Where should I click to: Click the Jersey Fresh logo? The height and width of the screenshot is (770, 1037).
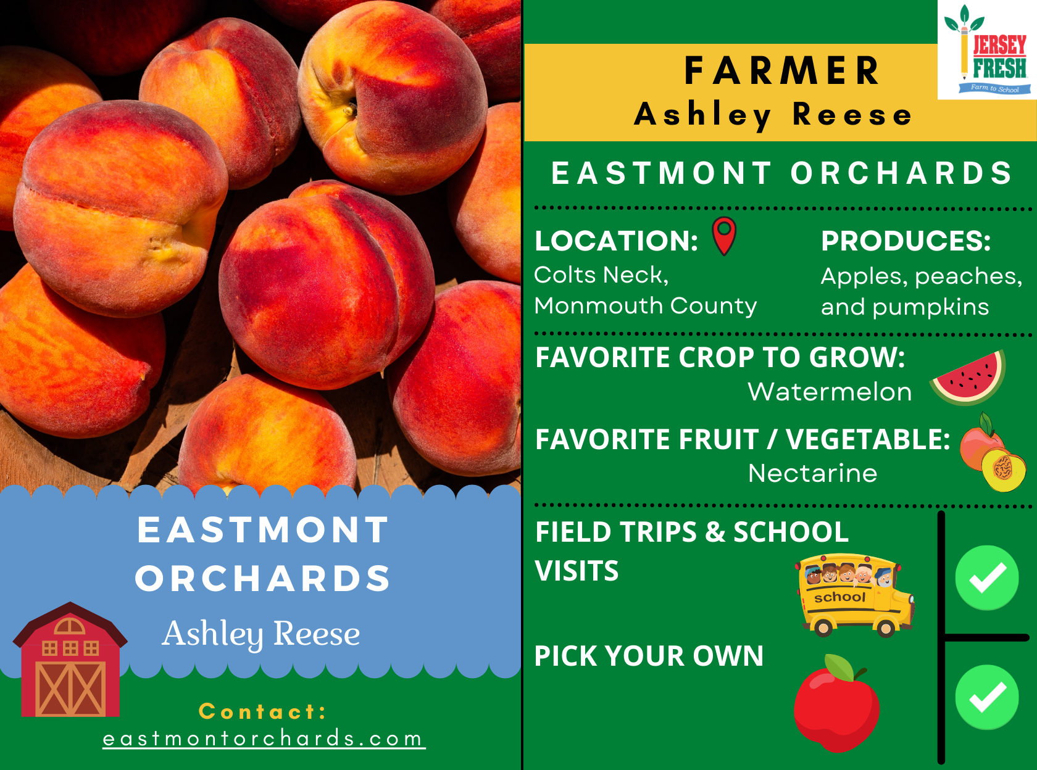tap(987, 49)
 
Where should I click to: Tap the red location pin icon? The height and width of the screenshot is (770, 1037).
tap(724, 236)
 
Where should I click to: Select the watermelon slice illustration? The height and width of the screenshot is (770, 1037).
tap(967, 378)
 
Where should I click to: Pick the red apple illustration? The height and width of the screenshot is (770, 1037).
tap(836, 704)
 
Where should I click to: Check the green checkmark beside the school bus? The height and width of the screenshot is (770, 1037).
tap(987, 577)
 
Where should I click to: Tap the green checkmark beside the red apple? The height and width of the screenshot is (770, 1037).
tap(987, 697)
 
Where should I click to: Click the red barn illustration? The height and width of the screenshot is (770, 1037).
tap(70, 659)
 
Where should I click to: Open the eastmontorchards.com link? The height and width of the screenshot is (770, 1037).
tap(263, 739)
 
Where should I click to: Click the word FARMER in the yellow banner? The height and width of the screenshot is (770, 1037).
tap(782, 71)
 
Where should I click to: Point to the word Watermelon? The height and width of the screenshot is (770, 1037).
tap(830, 392)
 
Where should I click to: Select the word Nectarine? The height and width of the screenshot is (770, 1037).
tap(812, 473)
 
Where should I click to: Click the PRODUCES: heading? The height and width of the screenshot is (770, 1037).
tap(906, 241)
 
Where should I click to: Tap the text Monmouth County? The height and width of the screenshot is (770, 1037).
tap(645, 307)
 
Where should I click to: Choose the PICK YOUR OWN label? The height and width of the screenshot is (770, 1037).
tap(649, 655)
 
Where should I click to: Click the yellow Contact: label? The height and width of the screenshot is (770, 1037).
tap(263, 711)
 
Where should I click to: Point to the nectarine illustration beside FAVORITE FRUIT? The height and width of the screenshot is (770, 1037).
tap(993, 452)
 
